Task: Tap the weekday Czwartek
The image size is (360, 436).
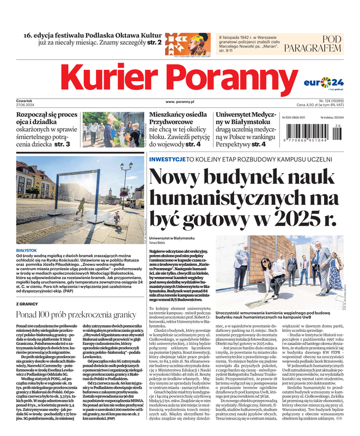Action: (x=25, y=101)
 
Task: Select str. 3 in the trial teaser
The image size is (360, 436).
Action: (x=62, y=144)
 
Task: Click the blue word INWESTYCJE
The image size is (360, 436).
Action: (x=167, y=159)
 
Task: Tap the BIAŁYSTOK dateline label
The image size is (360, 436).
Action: (x=27, y=250)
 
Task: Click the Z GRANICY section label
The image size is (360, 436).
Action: (x=27, y=304)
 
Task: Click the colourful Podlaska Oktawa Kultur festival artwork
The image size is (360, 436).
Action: (x=188, y=43)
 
